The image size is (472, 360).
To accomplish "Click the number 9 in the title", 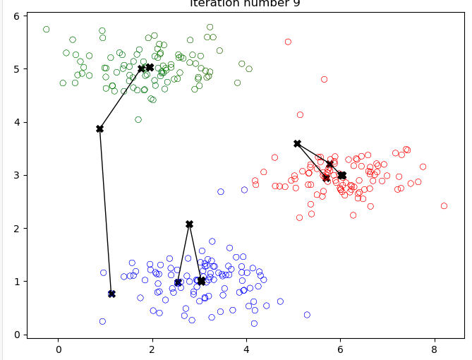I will point(296,4).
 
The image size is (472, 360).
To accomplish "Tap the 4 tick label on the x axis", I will point(246,349).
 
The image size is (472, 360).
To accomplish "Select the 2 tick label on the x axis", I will point(152,349).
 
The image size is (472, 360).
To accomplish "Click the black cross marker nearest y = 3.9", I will point(99,128).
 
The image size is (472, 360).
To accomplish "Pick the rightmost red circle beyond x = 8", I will point(444,206).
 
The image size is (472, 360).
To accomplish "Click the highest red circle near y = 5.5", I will point(288,42).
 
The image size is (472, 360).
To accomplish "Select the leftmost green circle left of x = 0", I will point(47,30).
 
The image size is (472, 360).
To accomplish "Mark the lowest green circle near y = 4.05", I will point(138,119).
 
